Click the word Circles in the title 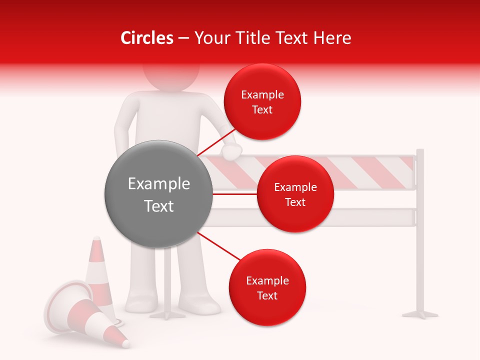coord(146,38)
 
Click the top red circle coord(262,101)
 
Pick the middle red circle coord(295,194)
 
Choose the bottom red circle coord(267,287)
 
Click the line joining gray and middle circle coord(235,194)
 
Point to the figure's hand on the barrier coord(232,151)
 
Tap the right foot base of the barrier coord(420,314)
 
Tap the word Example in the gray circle coord(159,184)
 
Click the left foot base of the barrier coord(168,315)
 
